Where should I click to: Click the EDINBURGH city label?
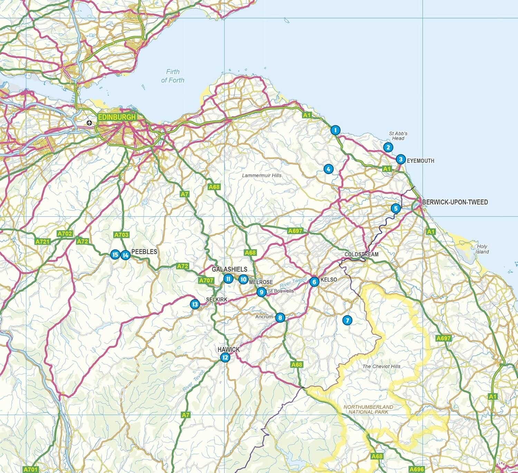(117, 117)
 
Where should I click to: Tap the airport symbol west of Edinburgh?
(89, 122)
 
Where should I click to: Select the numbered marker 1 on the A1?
(335, 130)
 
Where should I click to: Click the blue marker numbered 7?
(347, 320)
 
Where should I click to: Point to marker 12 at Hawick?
(225, 357)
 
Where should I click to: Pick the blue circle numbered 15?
(115, 255)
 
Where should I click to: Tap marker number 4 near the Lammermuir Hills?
(328, 169)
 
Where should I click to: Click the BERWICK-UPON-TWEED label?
(455, 202)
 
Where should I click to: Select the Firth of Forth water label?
(173, 76)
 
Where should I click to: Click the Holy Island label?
(482, 249)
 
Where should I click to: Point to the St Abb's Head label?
(398, 136)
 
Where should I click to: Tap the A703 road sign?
(121, 235)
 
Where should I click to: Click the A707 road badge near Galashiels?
(206, 281)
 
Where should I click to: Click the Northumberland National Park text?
(368, 409)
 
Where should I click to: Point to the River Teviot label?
(194, 380)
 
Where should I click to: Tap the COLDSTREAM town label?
(361, 254)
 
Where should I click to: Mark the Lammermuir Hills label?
(261, 176)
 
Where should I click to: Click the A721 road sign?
(42, 242)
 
